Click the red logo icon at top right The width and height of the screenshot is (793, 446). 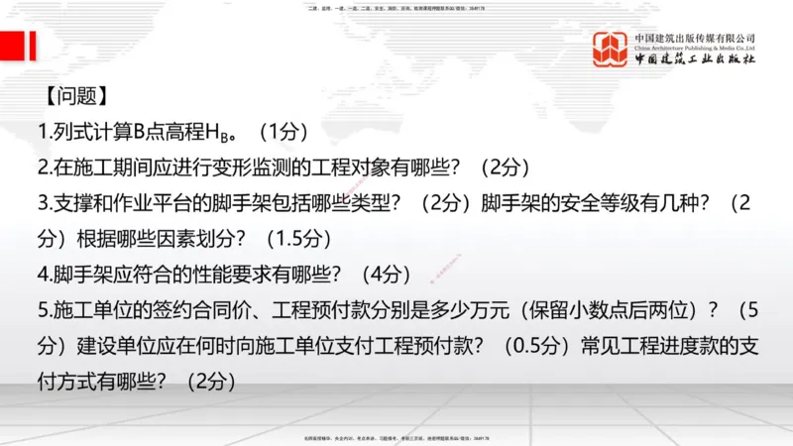click(611, 49)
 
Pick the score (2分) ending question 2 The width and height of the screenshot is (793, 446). click(505, 167)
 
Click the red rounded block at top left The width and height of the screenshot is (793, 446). click(17, 46)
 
